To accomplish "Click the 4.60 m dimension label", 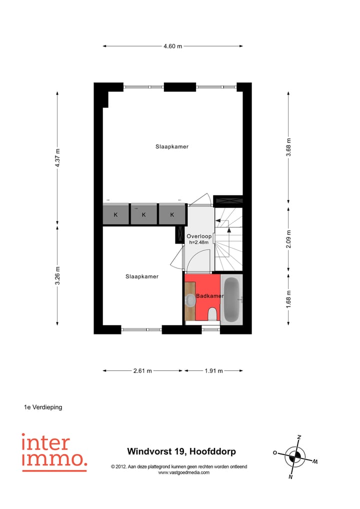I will pos(172,46).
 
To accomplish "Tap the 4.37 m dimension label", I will pos(58,158).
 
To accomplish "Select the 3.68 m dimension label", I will pos(288,148).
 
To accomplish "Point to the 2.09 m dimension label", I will pos(288,238).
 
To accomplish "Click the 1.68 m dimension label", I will pos(288,299).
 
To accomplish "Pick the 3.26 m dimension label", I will pos(58,275).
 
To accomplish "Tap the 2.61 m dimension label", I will pos(142,371).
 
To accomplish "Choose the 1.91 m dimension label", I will pos(213,371).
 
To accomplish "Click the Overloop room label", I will pos(199,236).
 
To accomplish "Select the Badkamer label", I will pos(209,296).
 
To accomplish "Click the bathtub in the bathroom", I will pos(231,299).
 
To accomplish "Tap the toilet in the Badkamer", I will pos(212,314).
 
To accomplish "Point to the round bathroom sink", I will pos(190,300).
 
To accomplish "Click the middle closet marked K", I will pos(143,215).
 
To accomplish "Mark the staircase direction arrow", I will pos(228,230).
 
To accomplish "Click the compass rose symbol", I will pos(296,456).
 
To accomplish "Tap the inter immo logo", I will pos(54,452).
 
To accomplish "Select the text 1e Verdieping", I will pos(43,407).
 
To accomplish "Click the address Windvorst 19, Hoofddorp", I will pos(181,452).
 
